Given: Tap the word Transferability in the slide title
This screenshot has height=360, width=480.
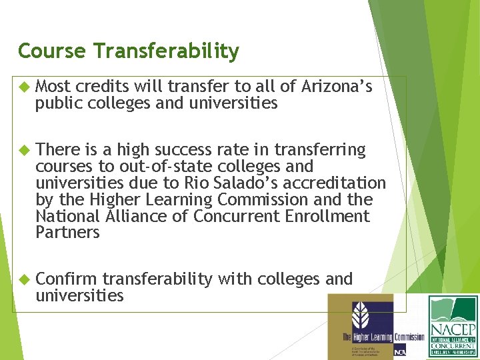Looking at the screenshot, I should (x=167, y=51).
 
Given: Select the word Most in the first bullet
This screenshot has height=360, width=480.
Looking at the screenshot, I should (x=53, y=87).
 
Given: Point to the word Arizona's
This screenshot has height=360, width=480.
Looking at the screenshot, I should (x=337, y=87).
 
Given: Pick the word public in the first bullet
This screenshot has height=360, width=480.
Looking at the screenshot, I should (x=57, y=103).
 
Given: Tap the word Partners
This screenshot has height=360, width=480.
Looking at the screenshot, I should (x=67, y=233).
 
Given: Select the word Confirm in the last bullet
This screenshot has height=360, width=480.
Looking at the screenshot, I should (x=66, y=279).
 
